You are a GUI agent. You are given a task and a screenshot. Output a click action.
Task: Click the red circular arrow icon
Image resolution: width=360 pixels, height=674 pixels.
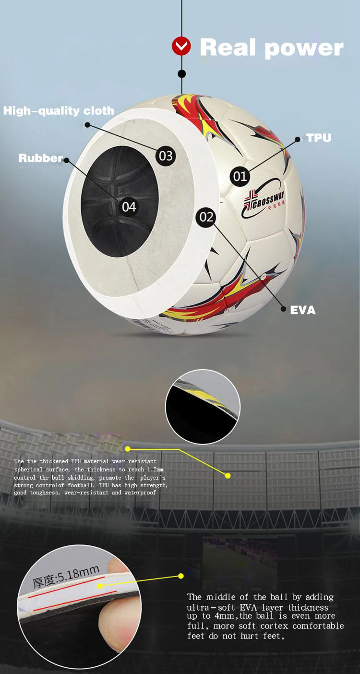181,47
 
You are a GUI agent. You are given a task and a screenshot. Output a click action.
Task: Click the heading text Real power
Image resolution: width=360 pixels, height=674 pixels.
271,48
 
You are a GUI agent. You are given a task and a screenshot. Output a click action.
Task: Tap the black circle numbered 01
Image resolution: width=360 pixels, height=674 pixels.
240,176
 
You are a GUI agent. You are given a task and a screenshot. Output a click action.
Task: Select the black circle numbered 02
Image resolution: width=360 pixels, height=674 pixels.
206,217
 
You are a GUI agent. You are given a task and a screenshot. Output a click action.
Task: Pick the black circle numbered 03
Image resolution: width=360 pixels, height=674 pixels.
166,156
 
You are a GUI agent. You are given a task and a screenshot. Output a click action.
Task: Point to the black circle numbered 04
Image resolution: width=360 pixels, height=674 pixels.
129,207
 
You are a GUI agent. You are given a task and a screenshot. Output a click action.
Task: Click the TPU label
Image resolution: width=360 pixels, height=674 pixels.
319,138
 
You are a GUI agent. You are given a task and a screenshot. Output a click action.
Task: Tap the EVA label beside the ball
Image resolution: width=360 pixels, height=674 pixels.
303,310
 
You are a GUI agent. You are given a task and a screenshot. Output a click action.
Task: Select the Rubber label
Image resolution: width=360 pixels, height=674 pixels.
40,158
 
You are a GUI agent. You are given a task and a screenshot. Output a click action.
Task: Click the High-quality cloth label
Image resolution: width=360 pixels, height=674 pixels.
59,111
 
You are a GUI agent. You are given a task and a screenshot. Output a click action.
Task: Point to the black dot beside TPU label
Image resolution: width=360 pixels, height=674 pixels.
297,139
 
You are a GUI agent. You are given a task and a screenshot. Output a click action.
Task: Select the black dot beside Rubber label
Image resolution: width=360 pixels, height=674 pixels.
67,160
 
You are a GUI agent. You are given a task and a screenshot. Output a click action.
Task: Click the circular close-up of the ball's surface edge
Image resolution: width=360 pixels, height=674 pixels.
203,407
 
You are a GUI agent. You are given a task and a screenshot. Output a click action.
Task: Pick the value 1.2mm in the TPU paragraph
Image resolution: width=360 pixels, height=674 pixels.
154,469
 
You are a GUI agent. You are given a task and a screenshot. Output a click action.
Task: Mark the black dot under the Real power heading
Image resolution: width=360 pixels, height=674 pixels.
181,74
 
